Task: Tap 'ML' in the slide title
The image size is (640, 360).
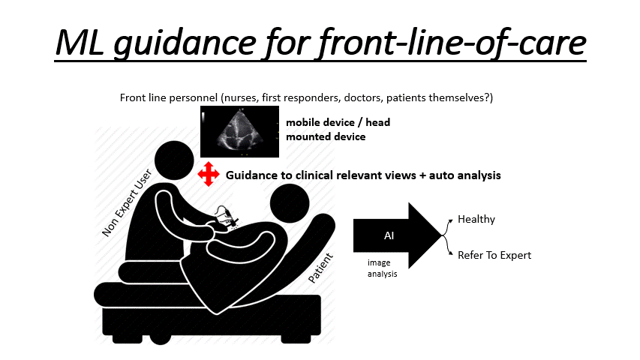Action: [x=80, y=42]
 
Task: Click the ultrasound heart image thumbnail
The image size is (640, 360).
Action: [x=239, y=131]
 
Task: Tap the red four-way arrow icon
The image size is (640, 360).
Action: [x=209, y=174]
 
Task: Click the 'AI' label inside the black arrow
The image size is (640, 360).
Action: [x=389, y=235]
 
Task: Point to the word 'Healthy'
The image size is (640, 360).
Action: [x=476, y=219]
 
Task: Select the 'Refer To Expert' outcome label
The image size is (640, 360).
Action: [x=494, y=255]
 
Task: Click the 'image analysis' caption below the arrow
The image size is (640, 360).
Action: [x=382, y=268]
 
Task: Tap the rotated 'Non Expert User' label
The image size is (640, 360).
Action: [x=127, y=202]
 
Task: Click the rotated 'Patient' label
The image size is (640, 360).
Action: [x=320, y=268]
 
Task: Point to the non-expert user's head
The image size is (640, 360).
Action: [x=174, y=160]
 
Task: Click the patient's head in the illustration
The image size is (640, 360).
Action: [x=290, y=203]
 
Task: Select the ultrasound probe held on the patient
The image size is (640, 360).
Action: [x=227, y=216]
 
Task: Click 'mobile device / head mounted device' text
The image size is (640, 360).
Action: [x=338, y=130]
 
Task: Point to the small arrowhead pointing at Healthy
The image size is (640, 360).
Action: [x=451, y=220]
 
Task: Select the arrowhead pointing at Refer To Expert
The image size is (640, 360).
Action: [x=451, y=253]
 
